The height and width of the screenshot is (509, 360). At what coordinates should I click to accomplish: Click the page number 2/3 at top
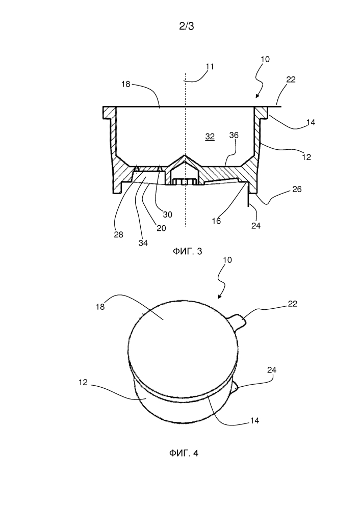coord(187,26)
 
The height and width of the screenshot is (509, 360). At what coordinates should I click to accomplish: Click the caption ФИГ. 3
coord(187,251)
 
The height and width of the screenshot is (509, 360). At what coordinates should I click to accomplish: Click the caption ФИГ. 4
coord(184,453)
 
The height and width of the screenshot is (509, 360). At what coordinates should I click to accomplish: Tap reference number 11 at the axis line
coord(210,67)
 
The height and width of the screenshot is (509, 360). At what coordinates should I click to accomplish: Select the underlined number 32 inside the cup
coord(210,137)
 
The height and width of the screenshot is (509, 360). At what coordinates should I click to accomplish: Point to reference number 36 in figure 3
coord(234,135)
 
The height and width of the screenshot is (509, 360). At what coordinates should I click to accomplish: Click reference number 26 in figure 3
coord(297,189)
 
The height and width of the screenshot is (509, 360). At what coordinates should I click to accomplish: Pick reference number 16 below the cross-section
coord(216,221)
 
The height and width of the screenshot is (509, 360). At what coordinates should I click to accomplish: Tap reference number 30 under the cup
coord(168,215)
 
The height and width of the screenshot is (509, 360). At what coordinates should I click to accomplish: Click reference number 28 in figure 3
coord(119,234)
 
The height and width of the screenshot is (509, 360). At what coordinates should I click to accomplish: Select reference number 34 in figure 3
coord(143,243)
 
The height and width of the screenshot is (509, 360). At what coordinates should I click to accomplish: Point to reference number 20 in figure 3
coord(161,228)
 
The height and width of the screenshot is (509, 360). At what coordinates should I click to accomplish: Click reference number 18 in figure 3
coord(126,84)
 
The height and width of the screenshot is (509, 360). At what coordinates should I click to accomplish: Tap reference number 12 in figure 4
coord(83,383)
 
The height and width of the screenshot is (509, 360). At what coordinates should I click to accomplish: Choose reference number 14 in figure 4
coord(254,421)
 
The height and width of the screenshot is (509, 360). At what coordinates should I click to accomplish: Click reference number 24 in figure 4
coord(272,370)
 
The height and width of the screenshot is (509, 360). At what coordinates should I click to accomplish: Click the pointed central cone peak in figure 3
coord(185,155)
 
